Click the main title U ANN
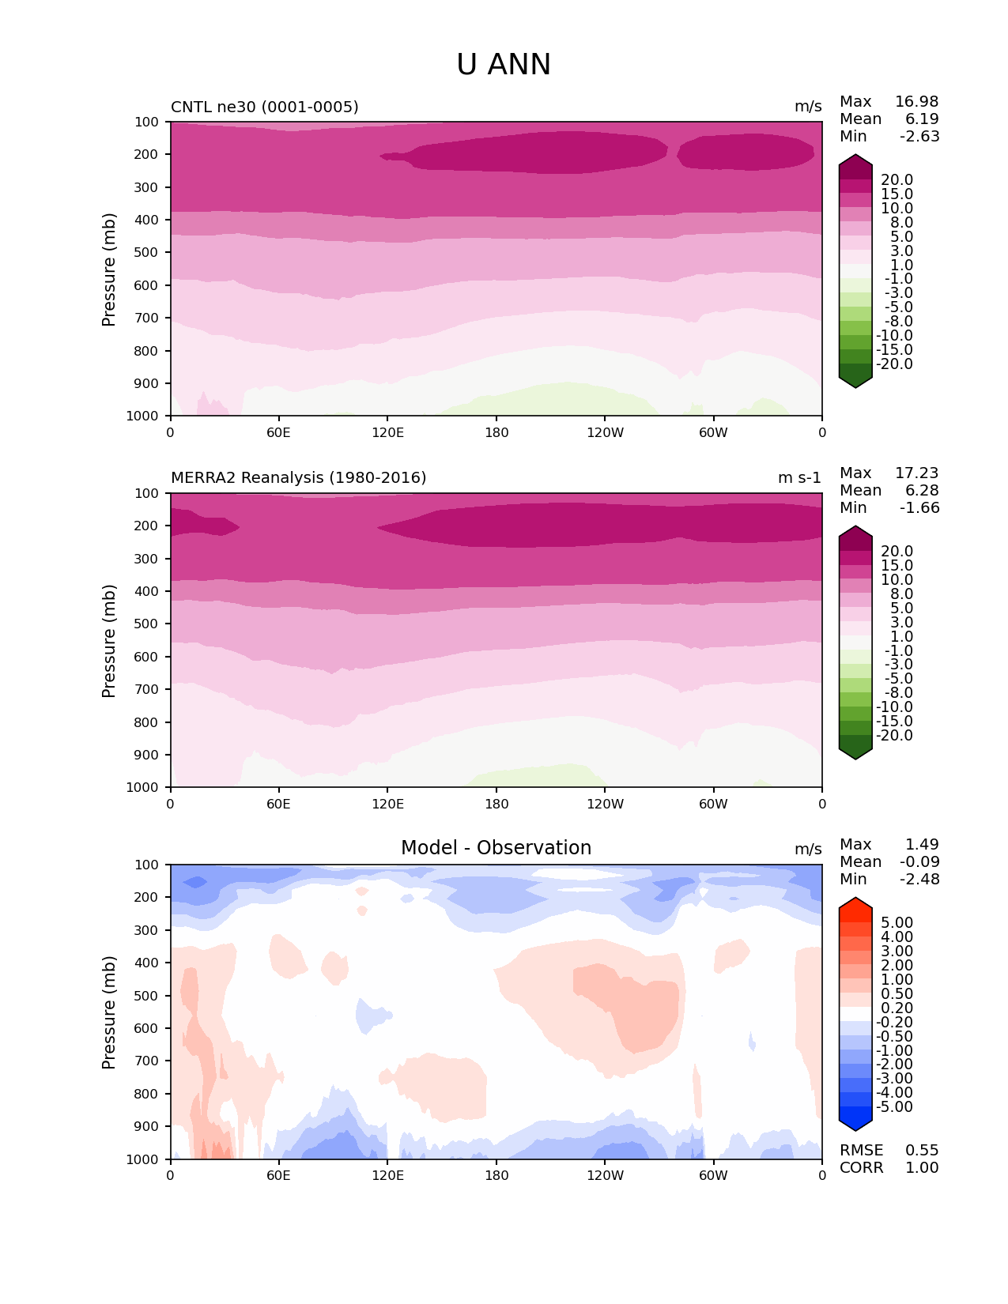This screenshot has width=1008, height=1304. click(x=504, y=65)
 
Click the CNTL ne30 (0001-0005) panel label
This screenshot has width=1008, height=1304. click(x=264, y=107)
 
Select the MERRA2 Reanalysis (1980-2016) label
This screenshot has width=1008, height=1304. click(x=298, y=478)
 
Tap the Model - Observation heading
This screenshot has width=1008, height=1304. click(x=496, y=848)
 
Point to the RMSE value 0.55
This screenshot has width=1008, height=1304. click(x=922, y=1151)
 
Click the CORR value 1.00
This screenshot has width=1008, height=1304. click(x=922, y=1168)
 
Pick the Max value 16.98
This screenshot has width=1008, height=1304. click(x=916, y=102)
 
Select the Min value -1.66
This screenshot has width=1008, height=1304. click(x=919, y=508)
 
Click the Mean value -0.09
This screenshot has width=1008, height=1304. click(x=919, y=862)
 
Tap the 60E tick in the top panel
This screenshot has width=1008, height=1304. click(x=278, y=432)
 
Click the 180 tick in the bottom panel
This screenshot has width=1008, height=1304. click(x=496, y=1175)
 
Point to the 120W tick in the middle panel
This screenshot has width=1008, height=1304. click(x=605, y=804)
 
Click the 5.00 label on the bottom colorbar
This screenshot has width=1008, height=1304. click(x=897, y=923)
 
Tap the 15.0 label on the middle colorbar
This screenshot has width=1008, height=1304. click(x=897, y=566)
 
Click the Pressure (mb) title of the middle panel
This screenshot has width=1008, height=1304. click(x=109, y=641)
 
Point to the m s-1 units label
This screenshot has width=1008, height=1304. click(x=799, y=478)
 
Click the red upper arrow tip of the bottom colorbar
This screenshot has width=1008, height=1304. click(x=855, y=903)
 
